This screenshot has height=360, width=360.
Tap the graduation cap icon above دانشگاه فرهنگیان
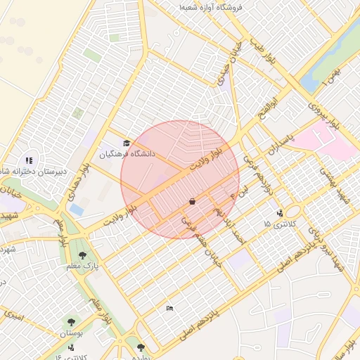[x=127, y=143]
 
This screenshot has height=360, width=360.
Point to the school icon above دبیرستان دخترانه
[x=29, y=160]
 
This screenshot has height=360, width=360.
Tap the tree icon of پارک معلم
[x=83, y=256]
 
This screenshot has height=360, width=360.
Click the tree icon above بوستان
[x=71, y=322]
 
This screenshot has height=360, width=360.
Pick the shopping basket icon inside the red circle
[x=191, y=202]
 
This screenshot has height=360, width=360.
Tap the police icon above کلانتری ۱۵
[x=280, y=212]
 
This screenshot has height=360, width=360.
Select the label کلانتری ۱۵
[x=281, y=223]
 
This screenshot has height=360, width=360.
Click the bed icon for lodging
[x=169, y=308]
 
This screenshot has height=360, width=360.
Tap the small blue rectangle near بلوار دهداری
[x=77, y=210]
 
